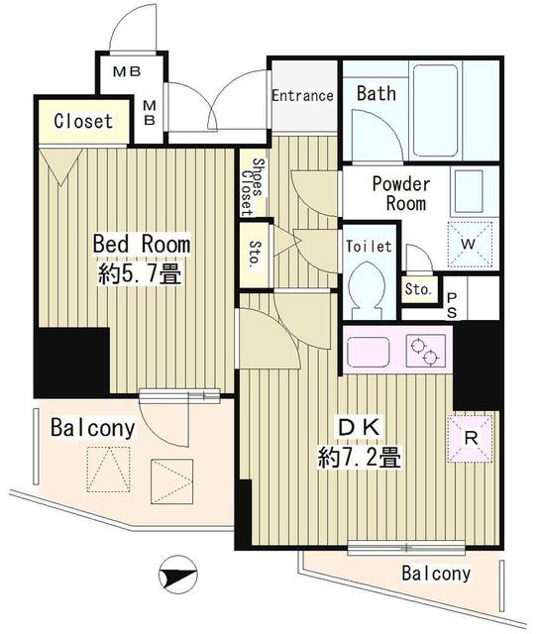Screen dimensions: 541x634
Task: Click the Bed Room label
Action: [142, 244]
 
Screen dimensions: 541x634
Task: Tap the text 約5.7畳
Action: [139, 273]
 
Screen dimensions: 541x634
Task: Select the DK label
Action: [360, 428]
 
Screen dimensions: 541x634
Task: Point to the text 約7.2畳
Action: [360, 458]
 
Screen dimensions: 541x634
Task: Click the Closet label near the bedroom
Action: [83, 121]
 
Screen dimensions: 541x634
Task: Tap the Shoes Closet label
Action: [253, 186]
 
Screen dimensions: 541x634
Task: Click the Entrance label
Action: [302, 96]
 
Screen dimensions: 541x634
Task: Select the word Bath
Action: [377, 93]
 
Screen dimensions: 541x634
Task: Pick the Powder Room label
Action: [401, 193]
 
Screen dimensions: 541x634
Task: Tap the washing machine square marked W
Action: [470, 245]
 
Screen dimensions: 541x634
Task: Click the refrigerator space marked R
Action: [471, 439]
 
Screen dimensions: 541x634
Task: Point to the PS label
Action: [452, 306]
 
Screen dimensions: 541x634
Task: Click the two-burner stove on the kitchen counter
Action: [427, 351]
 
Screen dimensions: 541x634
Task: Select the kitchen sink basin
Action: [369, 352]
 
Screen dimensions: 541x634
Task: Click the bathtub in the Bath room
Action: [435, 111]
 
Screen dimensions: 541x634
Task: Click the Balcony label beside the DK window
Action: [436, 573]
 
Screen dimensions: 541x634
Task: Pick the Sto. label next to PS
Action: [419, 289]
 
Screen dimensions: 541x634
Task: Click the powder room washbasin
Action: [469, 192]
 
